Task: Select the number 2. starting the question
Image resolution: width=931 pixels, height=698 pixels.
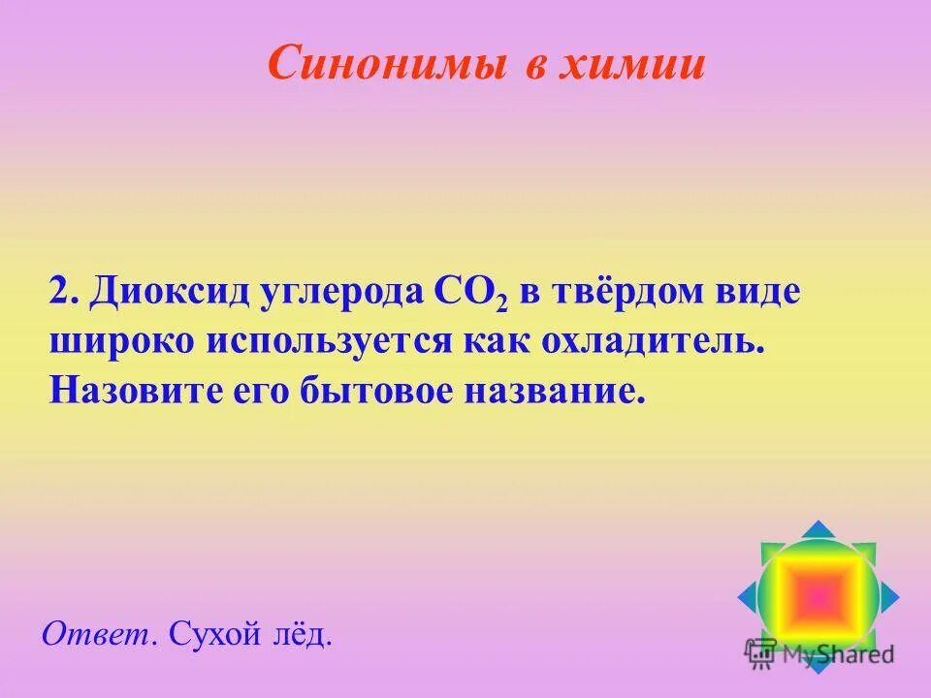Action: [x=65, y=292]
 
